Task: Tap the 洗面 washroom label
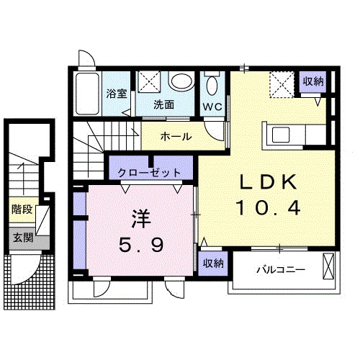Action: pyautogui.click(x=163, y=104)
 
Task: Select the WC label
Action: pyautogui.click(x=212, y=105)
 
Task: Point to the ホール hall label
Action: pyautogui.click(x=176, y=137)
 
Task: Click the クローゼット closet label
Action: pyautogui.click(x=151, y=173)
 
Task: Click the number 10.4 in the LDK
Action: pyautogui.click(x=266, y=210)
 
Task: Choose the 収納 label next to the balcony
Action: pyautogui.click(x=212, y=264)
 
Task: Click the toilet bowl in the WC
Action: pyautogui.click(x=211, y=86)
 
